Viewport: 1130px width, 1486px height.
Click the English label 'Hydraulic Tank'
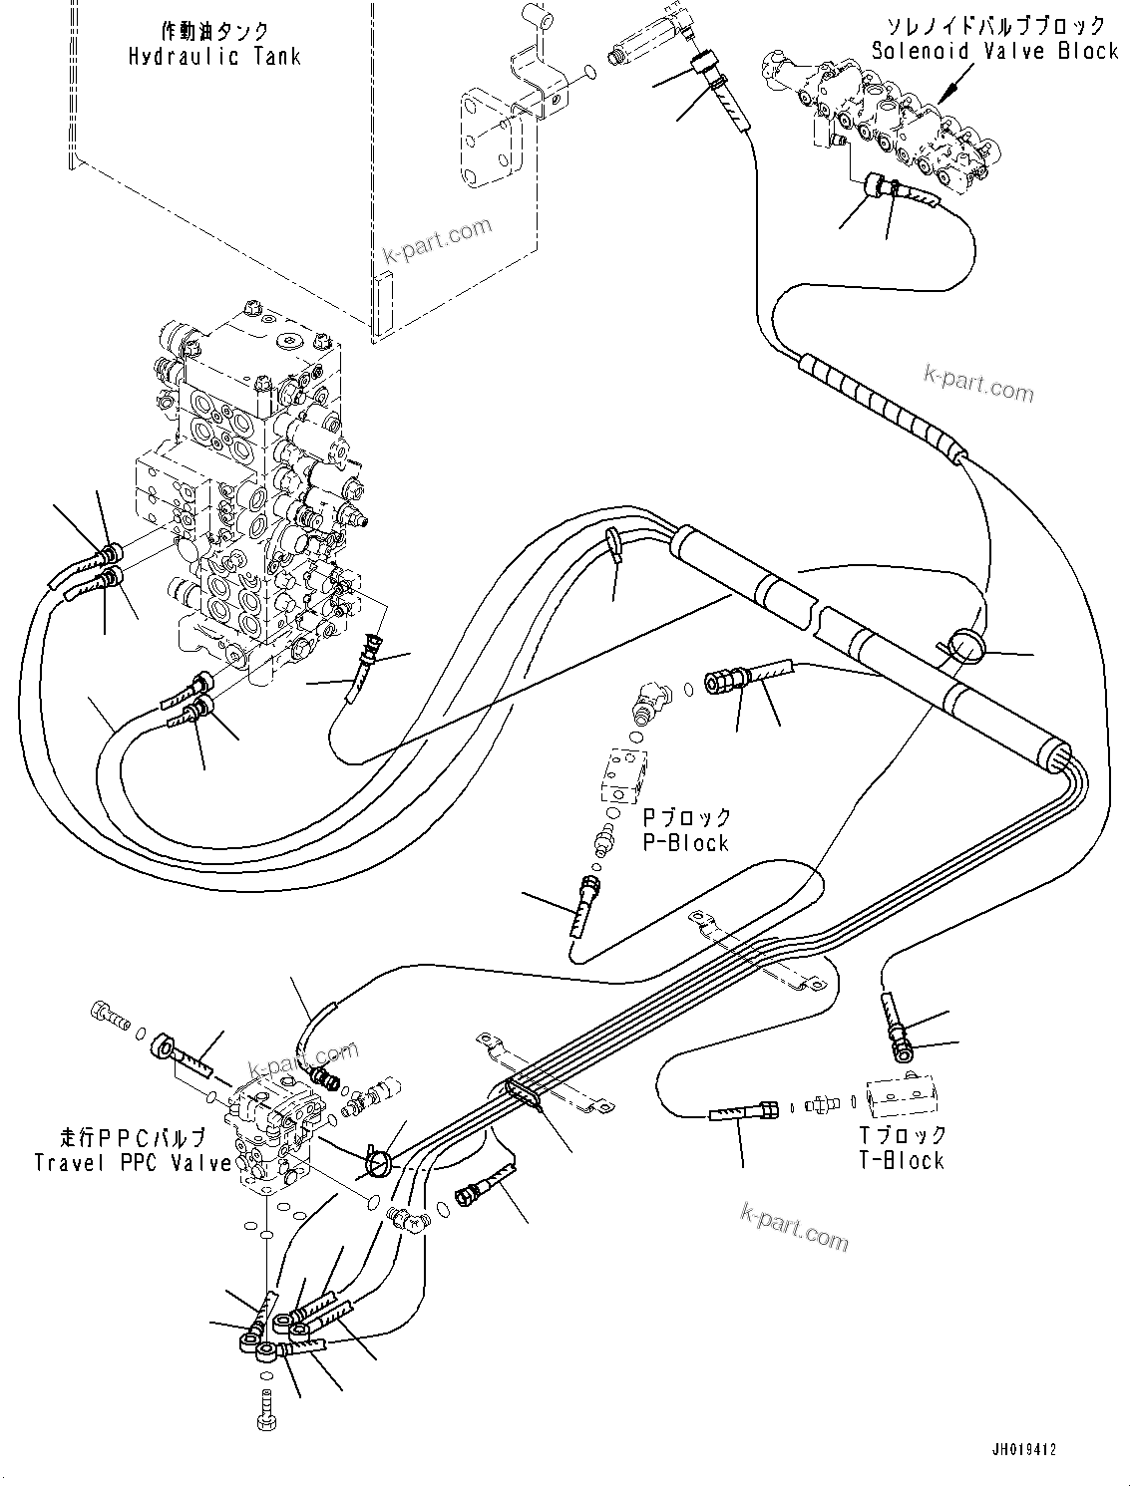(x=214, y=57)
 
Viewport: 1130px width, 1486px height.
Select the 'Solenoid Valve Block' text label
(x=994, y=51)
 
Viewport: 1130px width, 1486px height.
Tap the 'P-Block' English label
(x=685, y=843)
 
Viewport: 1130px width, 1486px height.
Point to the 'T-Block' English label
(x=901, y=1160)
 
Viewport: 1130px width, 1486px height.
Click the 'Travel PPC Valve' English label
(x=133, y=1163)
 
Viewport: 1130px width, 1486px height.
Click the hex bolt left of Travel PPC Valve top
(x=107, y=1015)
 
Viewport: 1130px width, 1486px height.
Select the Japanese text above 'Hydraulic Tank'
(x=214, y=31)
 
